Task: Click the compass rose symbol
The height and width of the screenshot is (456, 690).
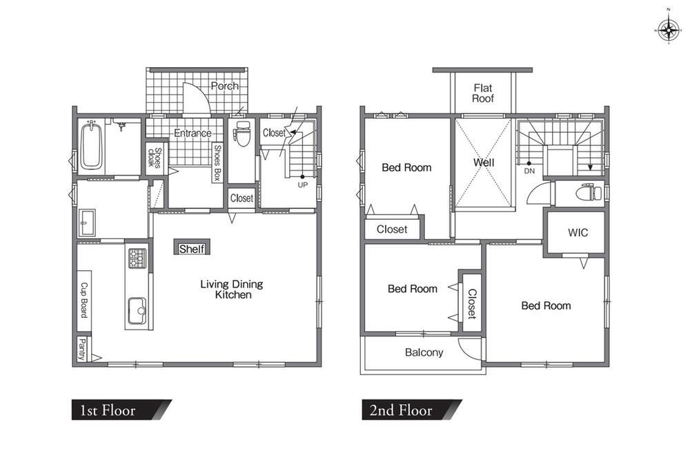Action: pyautogui.click(x=669, y=30)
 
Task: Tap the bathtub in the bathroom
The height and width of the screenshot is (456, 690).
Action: pyautogui.click(x=92, y=146)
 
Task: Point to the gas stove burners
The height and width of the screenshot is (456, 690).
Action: pyautogui.click(x=137, y=258)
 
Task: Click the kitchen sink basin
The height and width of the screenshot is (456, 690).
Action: pyautogui.click(x=137, y=311)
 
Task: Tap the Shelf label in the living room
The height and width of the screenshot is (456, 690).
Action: pyautogui.click(x=192, y=249)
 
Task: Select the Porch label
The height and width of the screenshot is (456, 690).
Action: pyautogui.click(x=225, y=86)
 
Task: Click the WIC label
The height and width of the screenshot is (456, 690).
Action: pyautogui.click(x=578, y=233)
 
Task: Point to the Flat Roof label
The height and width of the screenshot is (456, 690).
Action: pyautogui.click(x=483, y=93)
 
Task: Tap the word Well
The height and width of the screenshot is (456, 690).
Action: pyautogui.click(x=484, y=162)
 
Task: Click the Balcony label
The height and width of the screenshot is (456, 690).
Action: pyautogui.click(x=424, y=352)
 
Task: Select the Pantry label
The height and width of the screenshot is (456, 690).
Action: pyautogui.click(x=82, y=348)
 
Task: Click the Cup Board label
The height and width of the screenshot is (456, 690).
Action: pyautogui.click(x=83, y=300)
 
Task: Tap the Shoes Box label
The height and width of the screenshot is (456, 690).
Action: pyautogui.click(x=217, y=162)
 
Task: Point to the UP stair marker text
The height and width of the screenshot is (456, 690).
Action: pyautogui.click(x=302, y=185)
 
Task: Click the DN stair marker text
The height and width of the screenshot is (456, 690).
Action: pyautogui.click(x=529, y=171)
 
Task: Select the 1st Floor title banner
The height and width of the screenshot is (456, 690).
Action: pyautogui.click(x=121, y=410)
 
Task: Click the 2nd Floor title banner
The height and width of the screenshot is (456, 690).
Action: pyautogui.click(x=412, y=410)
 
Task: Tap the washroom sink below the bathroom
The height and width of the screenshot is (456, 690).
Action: pyautogui.click(x=88, y=222)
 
